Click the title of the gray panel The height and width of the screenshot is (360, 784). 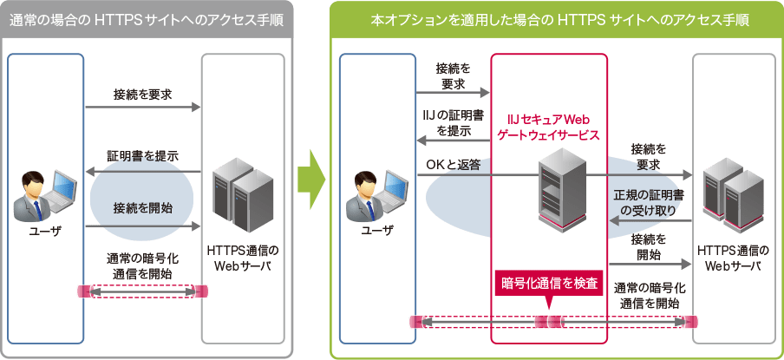(x=147, y=19)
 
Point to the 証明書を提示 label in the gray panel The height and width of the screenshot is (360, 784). (x=142, y=155)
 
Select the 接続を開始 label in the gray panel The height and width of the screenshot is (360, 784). (x=142, y=207)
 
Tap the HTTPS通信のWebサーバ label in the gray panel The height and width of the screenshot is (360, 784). (x=243, y=258)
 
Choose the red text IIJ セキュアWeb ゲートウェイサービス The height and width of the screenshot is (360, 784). (x=547, y=127)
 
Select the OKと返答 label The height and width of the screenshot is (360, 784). (x=453, y=164)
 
